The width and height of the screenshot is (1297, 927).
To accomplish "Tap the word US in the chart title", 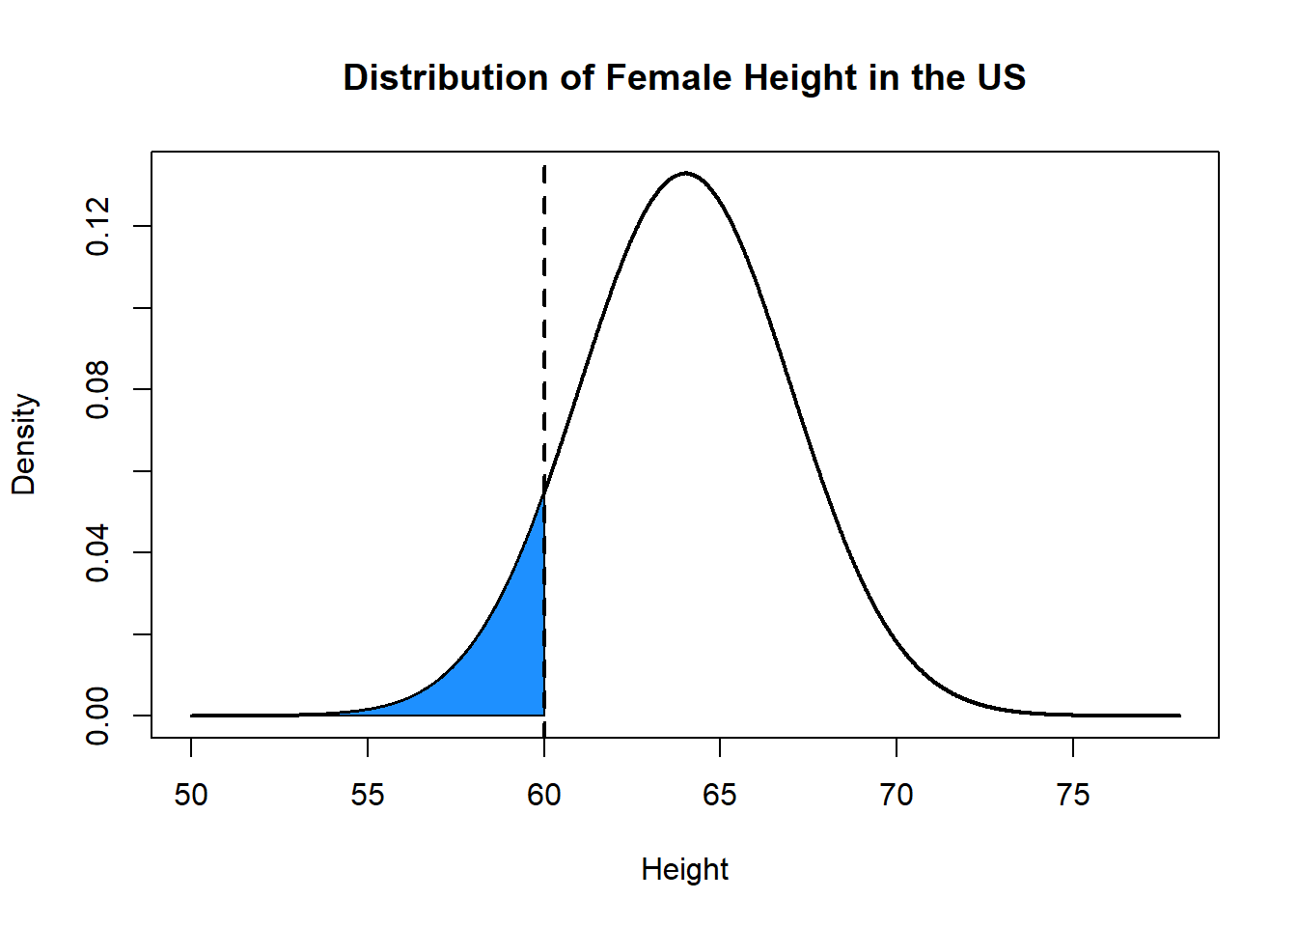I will [x=1001, y=77].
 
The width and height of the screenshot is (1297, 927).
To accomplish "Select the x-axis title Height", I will [x=684, y=869].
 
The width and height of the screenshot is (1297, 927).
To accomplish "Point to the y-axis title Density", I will [x=23, y=444].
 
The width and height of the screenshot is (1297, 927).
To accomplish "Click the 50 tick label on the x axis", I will [x=191, y=795].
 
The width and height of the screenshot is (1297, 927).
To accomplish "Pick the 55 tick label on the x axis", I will [x=368, y=795].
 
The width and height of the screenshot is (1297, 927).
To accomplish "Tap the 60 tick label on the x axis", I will [x=544, y=795].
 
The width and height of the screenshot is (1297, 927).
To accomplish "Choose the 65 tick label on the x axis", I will [x=720, y=795].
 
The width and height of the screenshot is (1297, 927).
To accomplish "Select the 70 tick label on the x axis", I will [x=897, y=795].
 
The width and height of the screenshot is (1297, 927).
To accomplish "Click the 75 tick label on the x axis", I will [x=1073, y=795].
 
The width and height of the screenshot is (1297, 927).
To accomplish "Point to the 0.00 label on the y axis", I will [x=97, y=715].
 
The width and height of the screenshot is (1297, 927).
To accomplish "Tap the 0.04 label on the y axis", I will [x=97, y=552].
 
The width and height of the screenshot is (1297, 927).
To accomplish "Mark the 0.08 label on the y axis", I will [x=97, y=389].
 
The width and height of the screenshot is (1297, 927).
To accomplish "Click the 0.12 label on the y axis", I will [x=97, y=226].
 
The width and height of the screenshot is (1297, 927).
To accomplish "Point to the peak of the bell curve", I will [x=685, y=173].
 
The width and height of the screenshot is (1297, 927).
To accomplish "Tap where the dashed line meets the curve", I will [x=544, y=494].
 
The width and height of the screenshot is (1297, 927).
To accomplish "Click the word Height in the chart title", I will [x=787, y=77].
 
